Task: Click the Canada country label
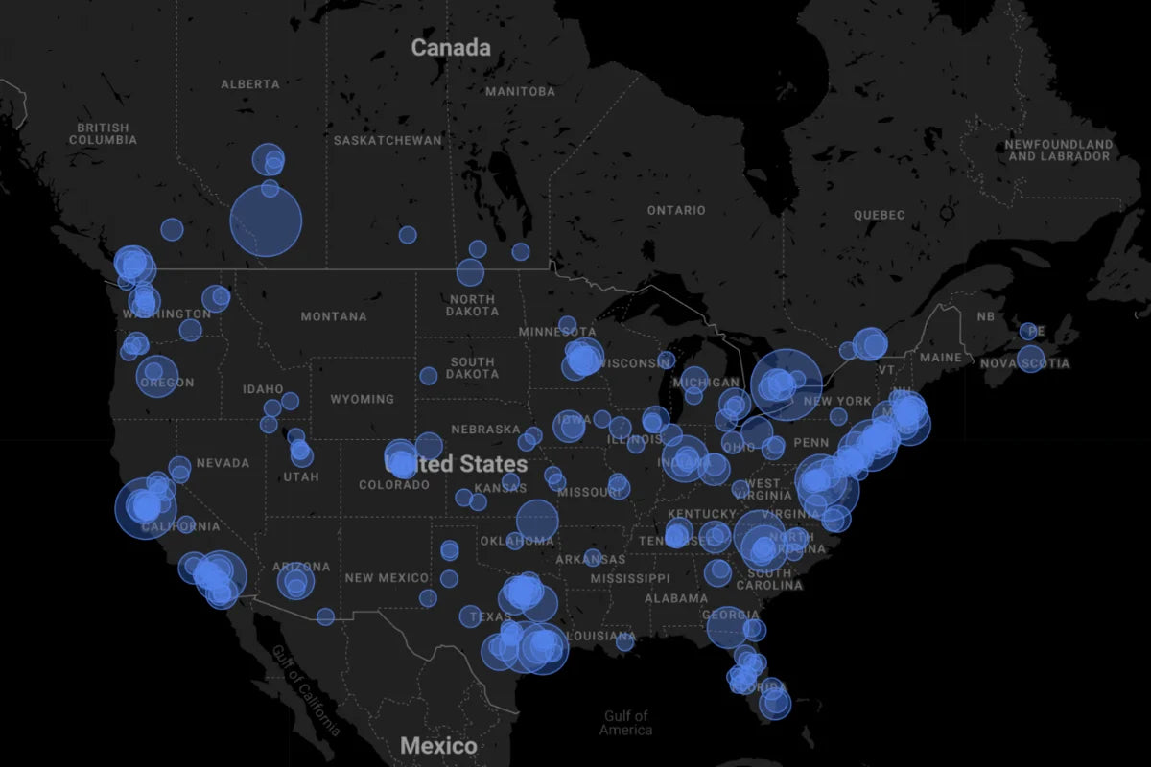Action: tap(451, 47)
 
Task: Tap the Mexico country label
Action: tap(438, 745)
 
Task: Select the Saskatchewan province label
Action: tap(388, 140)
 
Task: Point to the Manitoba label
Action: tap(520, 91)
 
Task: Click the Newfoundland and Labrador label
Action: tap(1059, 150)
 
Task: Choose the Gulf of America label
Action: tap(626, 722)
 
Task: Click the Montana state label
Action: tap(333, 316)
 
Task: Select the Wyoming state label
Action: tap(362, 399)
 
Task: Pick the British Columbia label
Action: tap(103, 133)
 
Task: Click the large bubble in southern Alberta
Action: tap(266, 221)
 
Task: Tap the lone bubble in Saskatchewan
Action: tap(408, 235)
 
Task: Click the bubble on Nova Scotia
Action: tap(1031, 360)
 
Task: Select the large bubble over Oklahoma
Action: tap(537, 520)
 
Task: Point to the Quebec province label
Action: tap(880, 215)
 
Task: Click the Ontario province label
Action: tap(675, 210)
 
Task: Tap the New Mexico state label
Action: tap(387, 578)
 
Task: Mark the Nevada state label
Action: tap(223, 463)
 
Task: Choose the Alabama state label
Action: tap(676, 598)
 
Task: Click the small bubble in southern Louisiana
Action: tap(624, 641)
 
